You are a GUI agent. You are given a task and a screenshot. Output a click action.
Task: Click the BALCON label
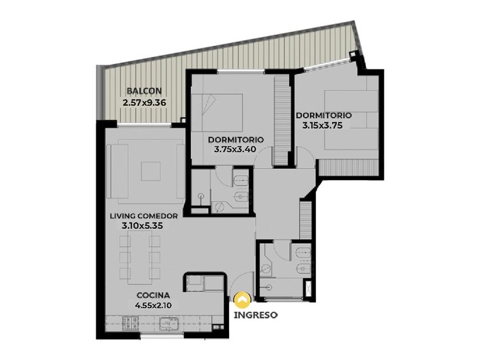[144, 91]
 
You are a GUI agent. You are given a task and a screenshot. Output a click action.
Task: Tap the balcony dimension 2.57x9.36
[144, 102]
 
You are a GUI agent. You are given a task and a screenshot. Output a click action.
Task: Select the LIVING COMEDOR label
[143, 216]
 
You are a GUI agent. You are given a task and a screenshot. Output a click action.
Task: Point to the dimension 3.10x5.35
[142, 226]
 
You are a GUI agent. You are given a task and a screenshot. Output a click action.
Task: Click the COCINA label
[153, 295]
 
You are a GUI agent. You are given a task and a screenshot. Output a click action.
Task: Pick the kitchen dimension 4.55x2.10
[153, 305]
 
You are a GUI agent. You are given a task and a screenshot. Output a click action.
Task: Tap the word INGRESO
[255, 315]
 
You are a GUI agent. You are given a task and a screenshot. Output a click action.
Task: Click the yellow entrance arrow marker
[242, 299]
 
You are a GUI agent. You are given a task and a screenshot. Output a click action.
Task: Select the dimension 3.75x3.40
[235, 149]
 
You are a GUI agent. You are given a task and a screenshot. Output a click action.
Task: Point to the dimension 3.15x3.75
[322, 125]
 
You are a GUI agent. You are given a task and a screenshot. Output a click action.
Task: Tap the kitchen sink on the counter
[169, 323]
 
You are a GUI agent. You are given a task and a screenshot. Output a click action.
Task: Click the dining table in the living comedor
[141, 254]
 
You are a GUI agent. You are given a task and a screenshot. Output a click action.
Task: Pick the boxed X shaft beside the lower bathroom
[308, 288]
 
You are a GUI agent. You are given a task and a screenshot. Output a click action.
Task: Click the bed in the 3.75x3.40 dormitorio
[217, 113]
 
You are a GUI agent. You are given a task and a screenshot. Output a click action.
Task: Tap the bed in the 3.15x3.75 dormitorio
[352, 120]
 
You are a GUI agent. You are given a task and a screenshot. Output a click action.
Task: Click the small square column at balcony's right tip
[353, 54]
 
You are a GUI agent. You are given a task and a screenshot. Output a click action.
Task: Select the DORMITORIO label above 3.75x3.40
[235, 139]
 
